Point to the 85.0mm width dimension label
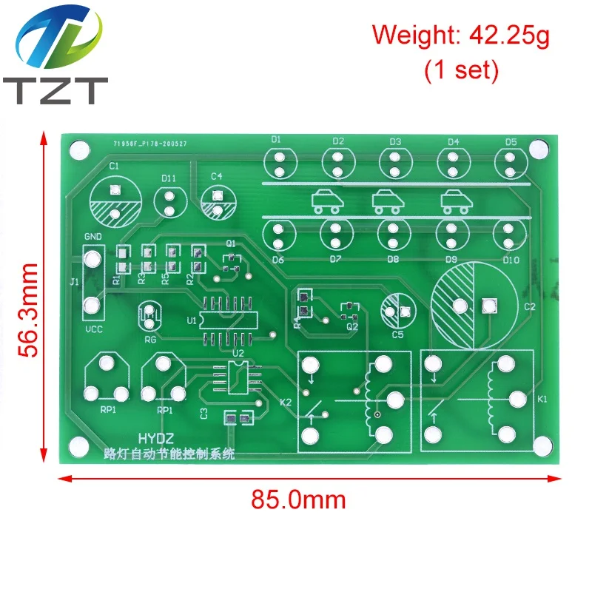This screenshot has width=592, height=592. click(298, 499)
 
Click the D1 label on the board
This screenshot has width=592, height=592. click(276, 140)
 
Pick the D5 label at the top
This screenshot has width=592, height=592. click(511, 141)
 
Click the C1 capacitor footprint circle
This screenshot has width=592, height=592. click(115, 203)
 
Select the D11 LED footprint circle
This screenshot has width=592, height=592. click(169, 202)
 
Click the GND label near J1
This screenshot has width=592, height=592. click(92, 235)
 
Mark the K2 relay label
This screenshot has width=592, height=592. click(285, 402)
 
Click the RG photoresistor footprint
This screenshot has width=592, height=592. click(151, 317)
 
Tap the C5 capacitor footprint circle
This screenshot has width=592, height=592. click(398, 310)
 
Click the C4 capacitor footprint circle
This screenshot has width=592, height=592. click(217, 202)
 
